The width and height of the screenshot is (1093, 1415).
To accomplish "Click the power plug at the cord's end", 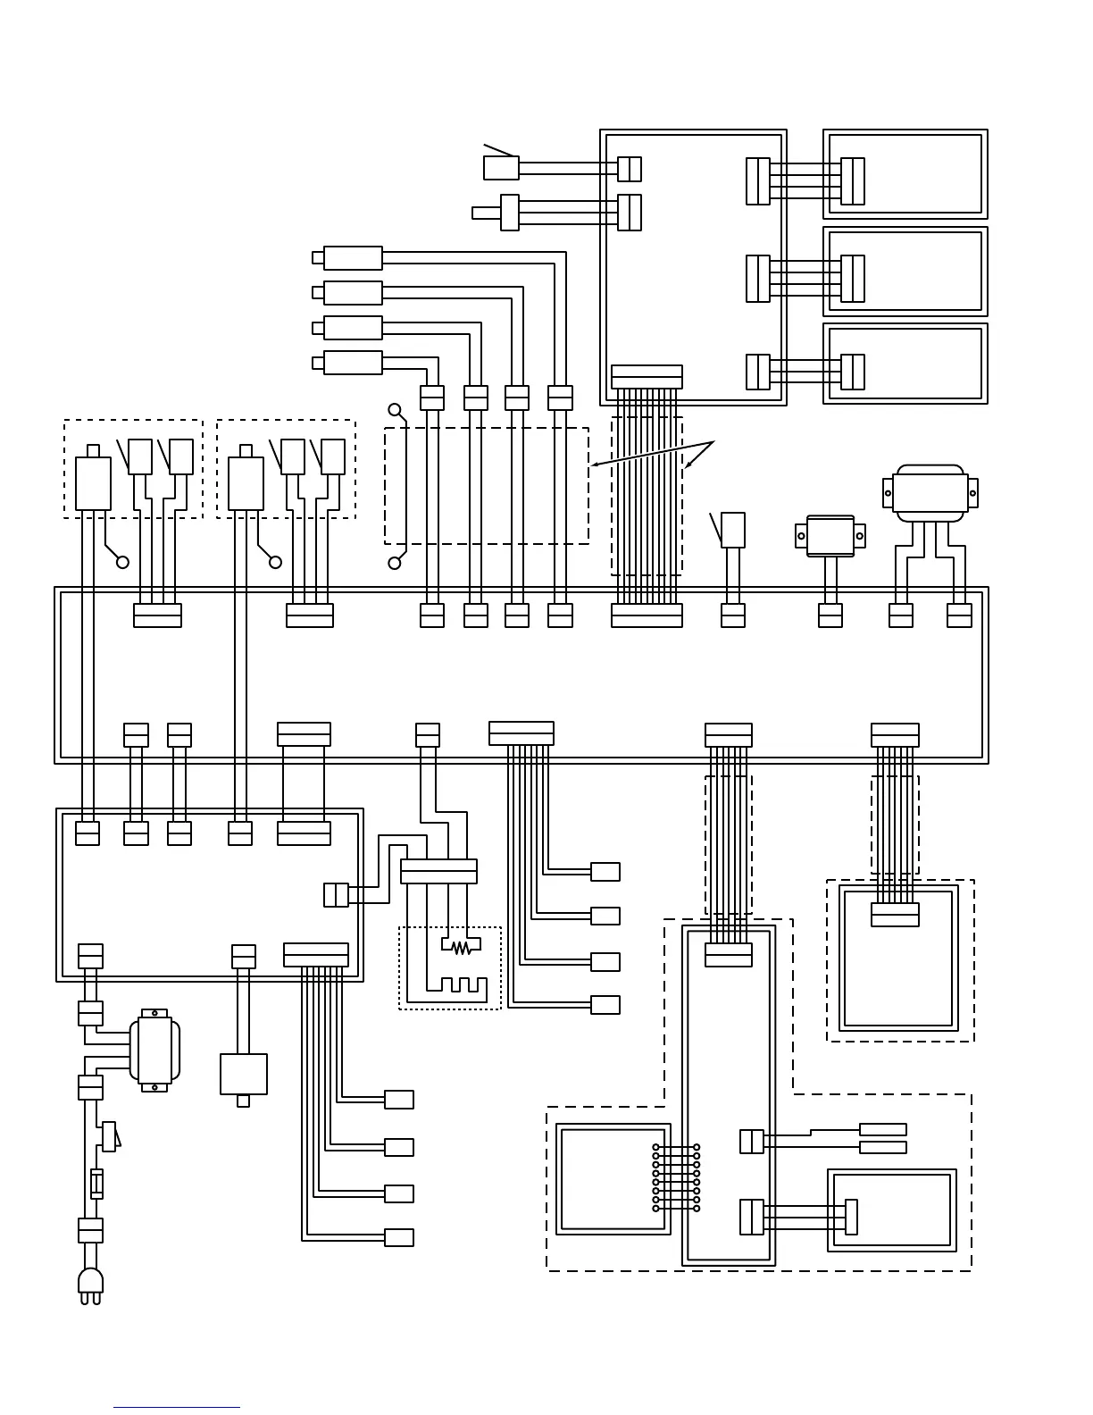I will [x=90, y=1285].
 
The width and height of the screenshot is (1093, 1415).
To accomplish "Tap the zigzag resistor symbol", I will [x=461, y=947].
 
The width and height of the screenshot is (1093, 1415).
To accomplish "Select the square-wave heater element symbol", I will [x=456, y=985].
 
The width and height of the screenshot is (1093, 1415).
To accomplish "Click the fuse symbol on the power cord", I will [x=96, y=1184].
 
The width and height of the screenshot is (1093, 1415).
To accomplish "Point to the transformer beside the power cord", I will [x=154, y=1051].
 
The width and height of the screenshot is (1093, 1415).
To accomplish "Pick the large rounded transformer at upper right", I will [x=930, y=492].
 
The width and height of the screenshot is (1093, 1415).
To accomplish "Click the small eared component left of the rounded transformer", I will [x=830, y=535].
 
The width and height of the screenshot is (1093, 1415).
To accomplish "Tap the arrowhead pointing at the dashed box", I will [x=595, y=465].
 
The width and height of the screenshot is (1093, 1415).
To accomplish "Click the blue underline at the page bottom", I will [x=176, y=1408].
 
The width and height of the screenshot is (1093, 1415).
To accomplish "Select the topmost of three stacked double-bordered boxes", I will [x=905, y=174].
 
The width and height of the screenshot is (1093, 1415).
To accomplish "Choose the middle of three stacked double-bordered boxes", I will [x=905, y=272].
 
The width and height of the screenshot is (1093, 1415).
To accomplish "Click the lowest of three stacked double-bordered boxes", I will [x=905, y=364].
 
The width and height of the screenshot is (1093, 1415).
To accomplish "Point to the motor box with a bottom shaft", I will [x=243, y=1075].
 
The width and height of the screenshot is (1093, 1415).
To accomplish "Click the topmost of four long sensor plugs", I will [x=352, y=258].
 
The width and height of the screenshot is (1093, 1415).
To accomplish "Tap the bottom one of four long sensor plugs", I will [x=352, y=363].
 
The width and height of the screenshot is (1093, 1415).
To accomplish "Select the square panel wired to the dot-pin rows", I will [x=613, y=1179].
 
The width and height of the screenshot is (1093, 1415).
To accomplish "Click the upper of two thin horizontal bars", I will [x=882, y=1130].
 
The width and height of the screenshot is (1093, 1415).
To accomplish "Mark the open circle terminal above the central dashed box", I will [x=395, y=409].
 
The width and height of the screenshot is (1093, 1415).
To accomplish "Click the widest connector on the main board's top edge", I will [x=647, y=615].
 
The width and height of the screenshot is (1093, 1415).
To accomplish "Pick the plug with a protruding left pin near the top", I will [x=509, y=213].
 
